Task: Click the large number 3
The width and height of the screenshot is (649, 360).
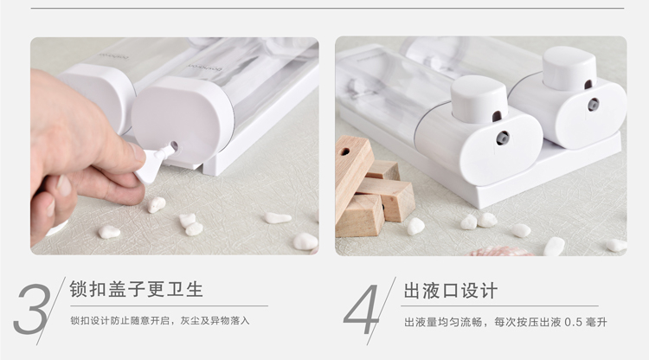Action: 32,309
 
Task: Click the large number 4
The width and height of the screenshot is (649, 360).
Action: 361,309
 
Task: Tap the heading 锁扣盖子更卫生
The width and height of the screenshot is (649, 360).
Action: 136,289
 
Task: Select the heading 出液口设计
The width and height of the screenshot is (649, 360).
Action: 450,291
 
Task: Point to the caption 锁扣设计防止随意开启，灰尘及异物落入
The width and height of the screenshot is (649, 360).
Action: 160,321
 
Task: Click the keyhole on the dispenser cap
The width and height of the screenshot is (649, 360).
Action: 174,145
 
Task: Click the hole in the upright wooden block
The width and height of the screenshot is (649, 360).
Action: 344,151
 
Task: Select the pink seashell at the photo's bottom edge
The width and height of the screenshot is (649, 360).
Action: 500,251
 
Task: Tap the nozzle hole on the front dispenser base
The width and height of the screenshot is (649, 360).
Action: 503,138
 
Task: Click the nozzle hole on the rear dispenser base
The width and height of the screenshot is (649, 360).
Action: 593,104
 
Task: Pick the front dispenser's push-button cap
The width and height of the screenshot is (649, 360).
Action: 479,100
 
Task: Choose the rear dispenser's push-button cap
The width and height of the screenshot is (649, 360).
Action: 569,68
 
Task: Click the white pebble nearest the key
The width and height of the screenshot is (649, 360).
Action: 157,205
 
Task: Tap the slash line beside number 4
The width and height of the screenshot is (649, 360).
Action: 382,311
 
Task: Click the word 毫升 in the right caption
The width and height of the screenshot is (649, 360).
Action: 596,322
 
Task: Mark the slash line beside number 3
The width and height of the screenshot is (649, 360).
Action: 51,311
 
